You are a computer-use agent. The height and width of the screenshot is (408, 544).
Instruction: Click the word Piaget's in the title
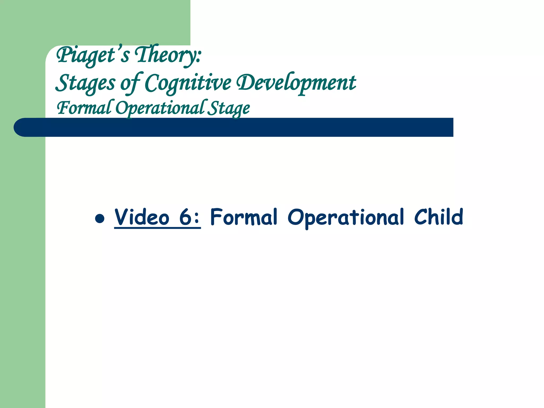(93, 55)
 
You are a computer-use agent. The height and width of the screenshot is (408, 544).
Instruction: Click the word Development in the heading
(296, 83)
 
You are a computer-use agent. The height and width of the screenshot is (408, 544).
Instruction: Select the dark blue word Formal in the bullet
(244, 217)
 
